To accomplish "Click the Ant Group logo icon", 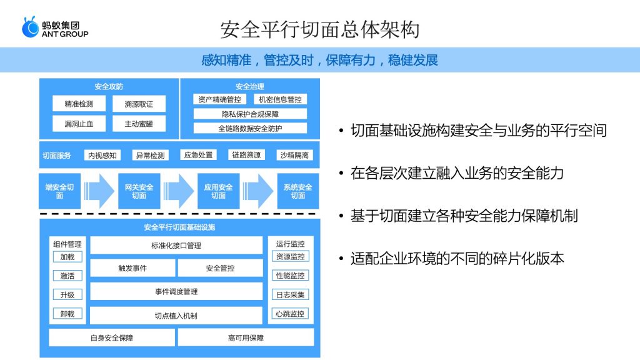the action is [30, 27].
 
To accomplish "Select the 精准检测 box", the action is [79, 104].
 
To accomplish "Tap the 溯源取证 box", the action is [139, 104].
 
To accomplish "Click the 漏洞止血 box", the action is [79, 124].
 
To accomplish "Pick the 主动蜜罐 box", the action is [139, 124].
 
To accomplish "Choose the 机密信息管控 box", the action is [280, 99].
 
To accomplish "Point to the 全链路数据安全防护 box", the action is [250, 128].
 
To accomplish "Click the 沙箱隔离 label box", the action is [294, 155].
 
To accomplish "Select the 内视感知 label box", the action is [102, 155].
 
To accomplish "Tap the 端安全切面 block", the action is [59, 191].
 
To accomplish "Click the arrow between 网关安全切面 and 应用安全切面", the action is [178, 191].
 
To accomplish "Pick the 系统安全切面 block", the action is [298, 191].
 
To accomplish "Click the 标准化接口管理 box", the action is [176, 245].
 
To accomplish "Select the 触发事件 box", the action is [132, 268].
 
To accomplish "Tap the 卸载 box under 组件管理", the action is [67, 314].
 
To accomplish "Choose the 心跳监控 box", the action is [290, 314].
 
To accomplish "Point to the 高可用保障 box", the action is [246, 337].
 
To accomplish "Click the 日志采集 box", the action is [290, 294].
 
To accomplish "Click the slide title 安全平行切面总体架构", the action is [320, 29].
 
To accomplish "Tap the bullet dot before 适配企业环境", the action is [341, 259].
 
